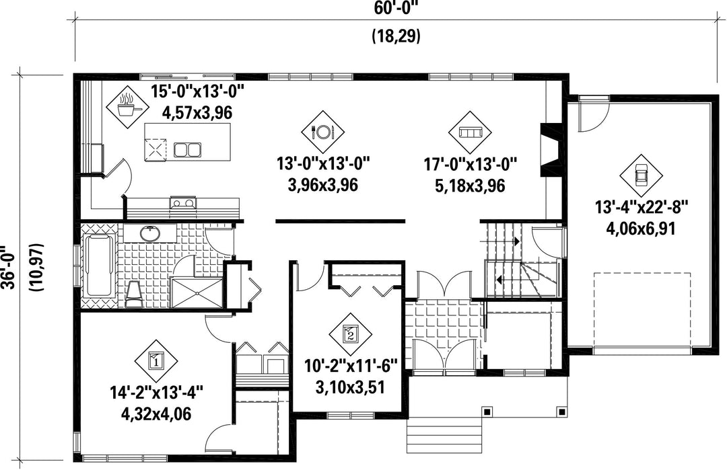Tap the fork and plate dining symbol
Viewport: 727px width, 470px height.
322,132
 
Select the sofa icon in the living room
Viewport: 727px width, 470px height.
470,132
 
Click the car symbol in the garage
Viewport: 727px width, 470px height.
642,175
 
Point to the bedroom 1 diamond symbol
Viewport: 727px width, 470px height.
156,360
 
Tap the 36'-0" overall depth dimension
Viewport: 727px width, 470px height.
9,267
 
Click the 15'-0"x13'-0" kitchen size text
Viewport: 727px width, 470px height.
197,91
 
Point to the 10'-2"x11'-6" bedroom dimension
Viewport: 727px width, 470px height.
351,366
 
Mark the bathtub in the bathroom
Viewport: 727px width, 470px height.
99,267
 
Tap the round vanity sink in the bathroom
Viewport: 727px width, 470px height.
149,234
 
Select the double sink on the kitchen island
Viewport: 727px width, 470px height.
187,149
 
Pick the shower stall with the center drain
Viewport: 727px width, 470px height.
198,292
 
